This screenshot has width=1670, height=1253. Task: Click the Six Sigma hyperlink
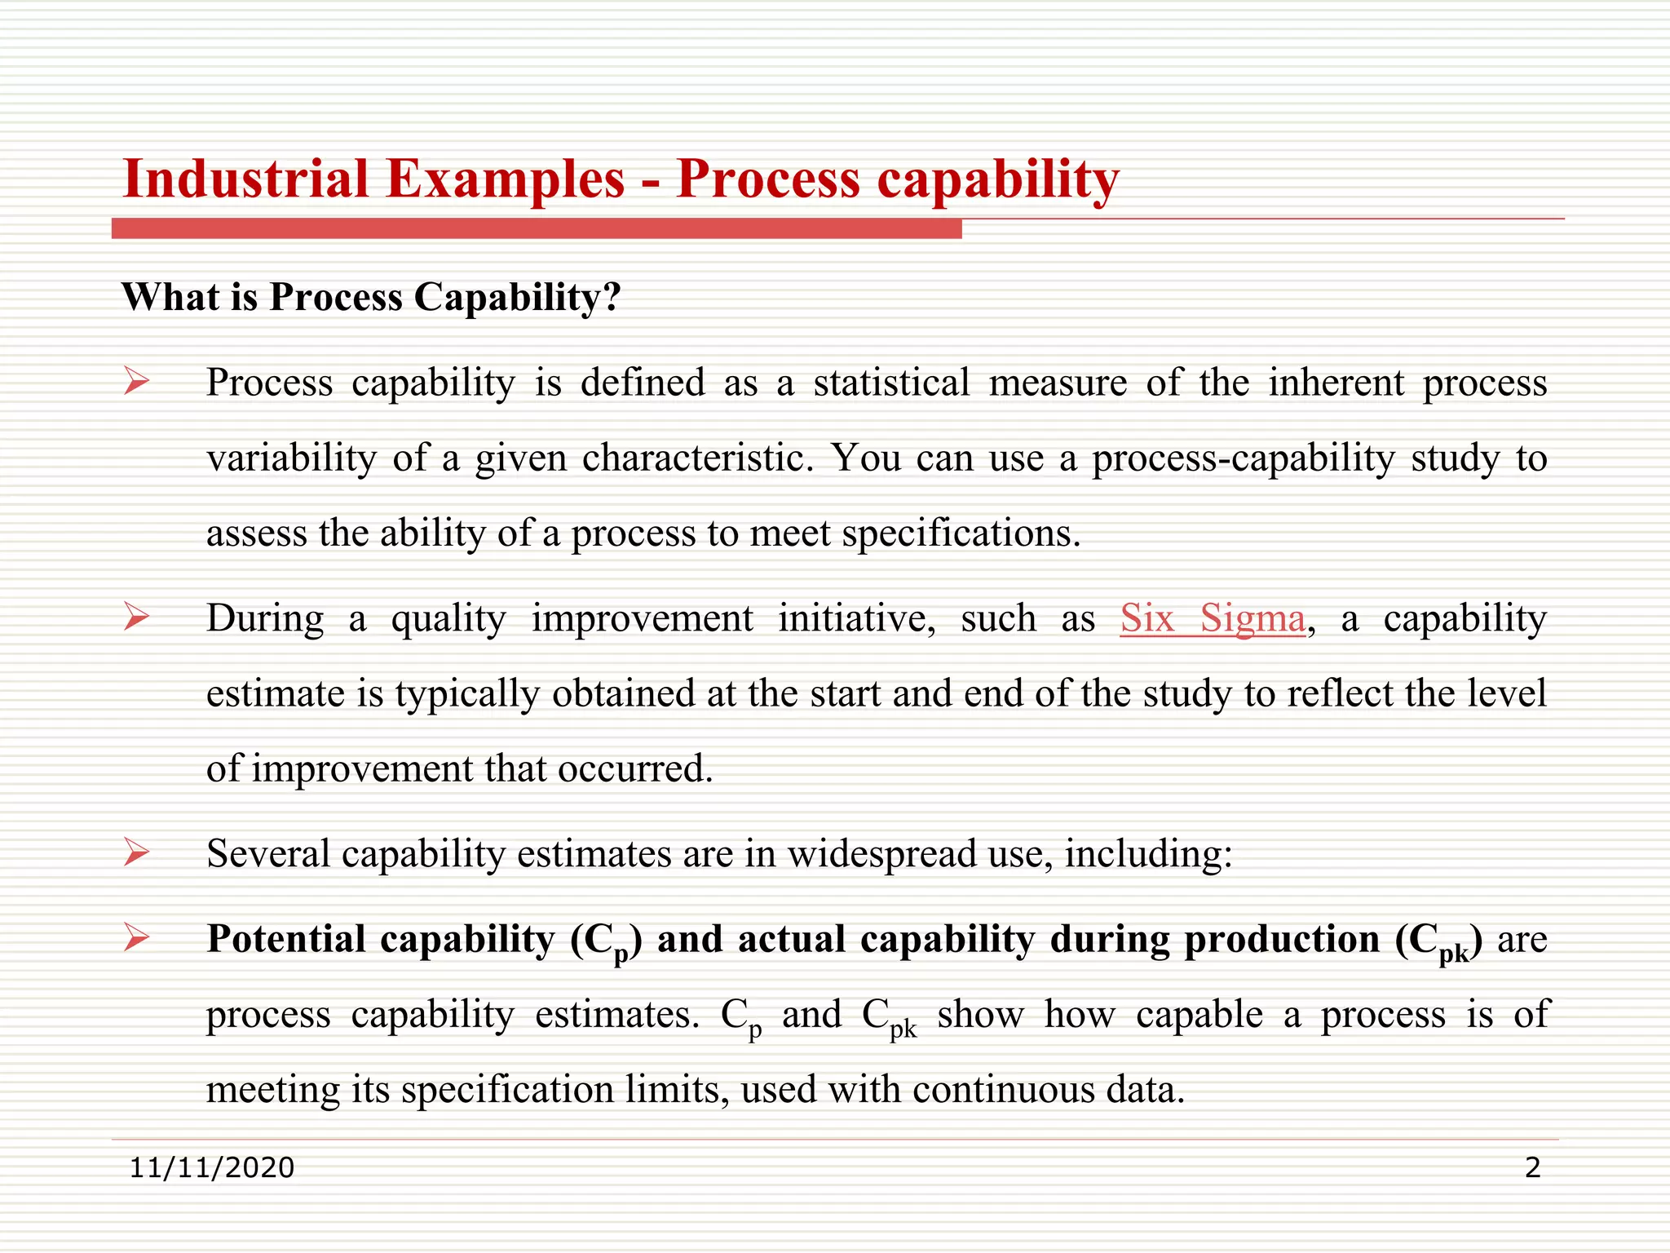click(x=1213, y=619)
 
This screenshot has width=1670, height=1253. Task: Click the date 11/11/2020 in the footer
click(x=212, y=1168)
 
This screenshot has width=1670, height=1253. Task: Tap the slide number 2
click(x=1532, y=1168)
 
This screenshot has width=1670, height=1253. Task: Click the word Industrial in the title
click(x=245, y=179)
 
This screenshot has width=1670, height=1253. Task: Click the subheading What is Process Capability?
click(x=371, y=297)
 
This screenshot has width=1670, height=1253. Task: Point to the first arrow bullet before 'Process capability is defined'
click(x=137, y=381)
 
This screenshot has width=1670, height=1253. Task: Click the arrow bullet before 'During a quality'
click(x=137, y=617)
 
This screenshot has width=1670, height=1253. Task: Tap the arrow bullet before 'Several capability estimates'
click(x=137, y=852)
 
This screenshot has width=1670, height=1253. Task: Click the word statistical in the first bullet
click(x=891, y=383)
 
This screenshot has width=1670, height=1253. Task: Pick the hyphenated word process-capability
click(x=1243, y=459)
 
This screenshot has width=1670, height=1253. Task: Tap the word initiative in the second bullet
click(x=856, y=619)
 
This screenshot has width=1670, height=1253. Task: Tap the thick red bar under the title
click(x=537, y=229)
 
